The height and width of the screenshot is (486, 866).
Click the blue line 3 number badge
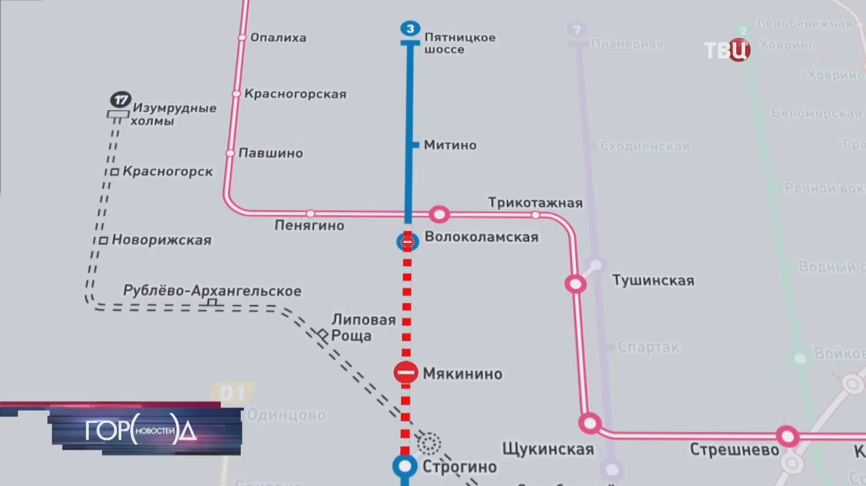pos(410,29)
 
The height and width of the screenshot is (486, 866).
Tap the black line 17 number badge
pos(120,99)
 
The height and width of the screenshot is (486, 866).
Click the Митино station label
pos(450,145)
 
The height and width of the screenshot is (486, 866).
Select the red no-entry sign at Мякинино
pos(405,373)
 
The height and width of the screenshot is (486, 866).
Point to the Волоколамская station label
pos(481,237)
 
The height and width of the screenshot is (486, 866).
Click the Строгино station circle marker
pos(405,466)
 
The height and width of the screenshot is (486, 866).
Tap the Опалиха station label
pos(278,37)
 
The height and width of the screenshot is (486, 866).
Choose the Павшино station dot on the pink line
pos(230,153)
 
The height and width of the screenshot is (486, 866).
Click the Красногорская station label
pos(295,94)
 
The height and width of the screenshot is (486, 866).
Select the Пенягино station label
pos(309,225)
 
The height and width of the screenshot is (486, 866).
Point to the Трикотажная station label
pos(535,203)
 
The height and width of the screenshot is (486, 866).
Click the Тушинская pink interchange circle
pos(576,284)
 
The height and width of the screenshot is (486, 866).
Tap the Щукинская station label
pos(548,449)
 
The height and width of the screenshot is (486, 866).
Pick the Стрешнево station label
pos(734,450)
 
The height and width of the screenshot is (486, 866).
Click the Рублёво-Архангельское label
pos(212,291)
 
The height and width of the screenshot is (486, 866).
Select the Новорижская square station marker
pos(103,240)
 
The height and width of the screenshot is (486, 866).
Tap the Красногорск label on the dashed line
pos(168,172)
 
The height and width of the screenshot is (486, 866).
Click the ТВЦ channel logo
pos(727,50)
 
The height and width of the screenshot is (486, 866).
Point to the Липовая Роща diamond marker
pos(322,335)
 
